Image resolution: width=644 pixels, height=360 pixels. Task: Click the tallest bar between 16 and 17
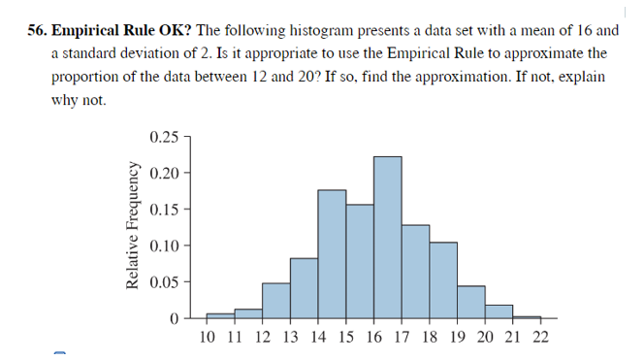click(x=387, y=238)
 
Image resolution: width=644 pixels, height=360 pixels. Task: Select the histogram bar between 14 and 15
click(x=332, y=254)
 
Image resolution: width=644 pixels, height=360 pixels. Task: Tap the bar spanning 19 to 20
click(x=470, y=302)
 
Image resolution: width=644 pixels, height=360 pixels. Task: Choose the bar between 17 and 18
click(x=415, y=272)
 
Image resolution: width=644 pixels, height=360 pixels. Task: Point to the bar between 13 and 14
click(x=304, y=288)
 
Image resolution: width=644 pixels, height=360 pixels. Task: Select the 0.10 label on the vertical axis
click(x=164, y=245)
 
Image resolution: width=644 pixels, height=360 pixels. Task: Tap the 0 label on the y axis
click(x=174, y=318)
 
